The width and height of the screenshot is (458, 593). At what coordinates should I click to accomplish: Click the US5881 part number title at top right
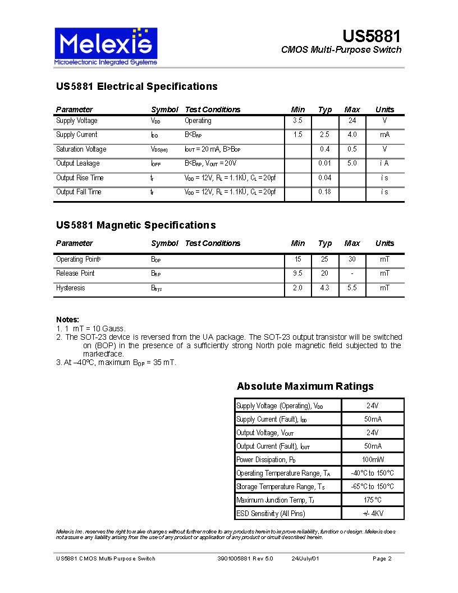coord(372,37)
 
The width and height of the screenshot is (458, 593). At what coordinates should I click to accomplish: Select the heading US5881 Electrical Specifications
coord(136,86)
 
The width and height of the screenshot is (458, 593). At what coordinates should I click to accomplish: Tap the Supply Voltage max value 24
coord(352,121)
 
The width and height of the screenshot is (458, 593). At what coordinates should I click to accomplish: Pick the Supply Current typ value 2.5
coord(325,135)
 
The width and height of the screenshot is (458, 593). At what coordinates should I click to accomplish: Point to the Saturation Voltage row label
coord(81,149)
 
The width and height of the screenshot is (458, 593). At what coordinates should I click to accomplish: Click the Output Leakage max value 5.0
coord(352,163)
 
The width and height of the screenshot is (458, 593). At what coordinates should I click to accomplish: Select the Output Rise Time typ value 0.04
coord(325,178)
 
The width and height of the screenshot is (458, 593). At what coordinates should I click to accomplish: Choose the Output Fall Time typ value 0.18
coord(325,192)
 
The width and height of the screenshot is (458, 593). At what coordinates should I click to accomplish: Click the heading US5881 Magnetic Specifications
coord(136,225)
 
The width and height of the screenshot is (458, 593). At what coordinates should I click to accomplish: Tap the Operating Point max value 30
coord(352,259)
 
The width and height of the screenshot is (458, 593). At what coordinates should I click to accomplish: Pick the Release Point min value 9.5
coord(297,273)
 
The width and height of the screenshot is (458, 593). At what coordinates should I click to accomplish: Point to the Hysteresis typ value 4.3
coord(325,288)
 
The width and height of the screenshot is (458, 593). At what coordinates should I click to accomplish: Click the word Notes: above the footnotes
coord(67,320)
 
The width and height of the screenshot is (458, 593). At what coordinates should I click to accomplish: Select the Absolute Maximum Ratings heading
coord(305,386)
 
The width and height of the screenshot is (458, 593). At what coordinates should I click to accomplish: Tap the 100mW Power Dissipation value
coord(372,460)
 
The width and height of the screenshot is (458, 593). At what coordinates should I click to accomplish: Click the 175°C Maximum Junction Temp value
coord(372,500)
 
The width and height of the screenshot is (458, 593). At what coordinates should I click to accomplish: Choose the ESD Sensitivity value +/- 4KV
coord(372,514)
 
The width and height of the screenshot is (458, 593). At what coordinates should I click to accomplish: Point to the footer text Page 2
coord(382,559)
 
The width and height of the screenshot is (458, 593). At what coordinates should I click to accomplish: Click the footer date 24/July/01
coord(305,559)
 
